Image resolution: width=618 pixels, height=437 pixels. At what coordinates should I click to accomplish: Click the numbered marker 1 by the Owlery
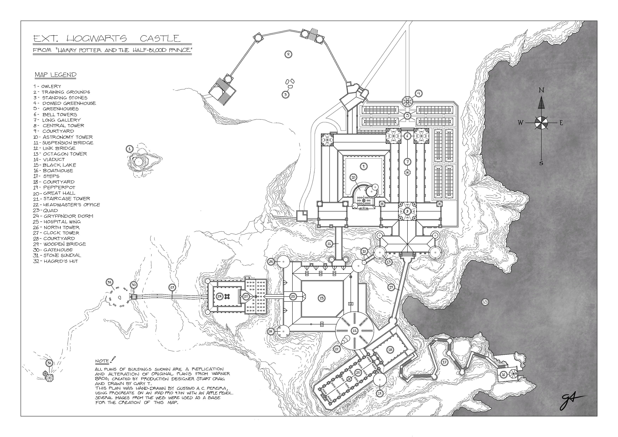point(129,149)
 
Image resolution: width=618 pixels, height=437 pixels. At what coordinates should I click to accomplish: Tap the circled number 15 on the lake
point(485,302)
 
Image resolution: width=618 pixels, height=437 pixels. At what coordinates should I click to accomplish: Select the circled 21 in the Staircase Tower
point(354,331)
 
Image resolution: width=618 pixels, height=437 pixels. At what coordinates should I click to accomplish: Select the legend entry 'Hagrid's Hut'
point(61,261)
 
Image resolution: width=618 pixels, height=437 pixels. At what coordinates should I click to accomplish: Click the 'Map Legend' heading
point(55,75)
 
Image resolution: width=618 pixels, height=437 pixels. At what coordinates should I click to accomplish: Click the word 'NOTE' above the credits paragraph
point(102,361)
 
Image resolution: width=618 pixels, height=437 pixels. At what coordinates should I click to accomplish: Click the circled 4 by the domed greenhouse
point(419,93)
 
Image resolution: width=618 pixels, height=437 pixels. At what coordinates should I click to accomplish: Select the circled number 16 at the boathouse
point(503,374)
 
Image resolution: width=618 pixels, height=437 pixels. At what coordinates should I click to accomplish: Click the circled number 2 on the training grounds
point(288,54)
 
